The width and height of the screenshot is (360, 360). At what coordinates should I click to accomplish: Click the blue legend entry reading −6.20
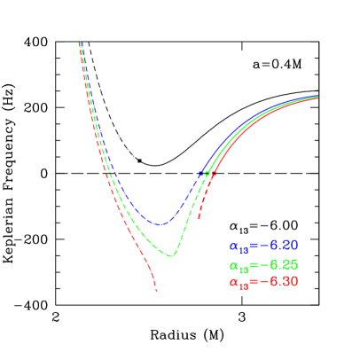(x=263, y=246)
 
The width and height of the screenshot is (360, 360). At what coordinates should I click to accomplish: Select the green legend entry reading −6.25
(x=263, y=264)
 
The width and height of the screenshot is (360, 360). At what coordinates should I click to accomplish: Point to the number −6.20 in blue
(x=277, y=245)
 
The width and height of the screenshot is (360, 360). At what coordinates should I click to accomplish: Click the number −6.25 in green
(x=277, y=263)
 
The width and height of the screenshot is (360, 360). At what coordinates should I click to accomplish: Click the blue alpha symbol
(x=233, y=246)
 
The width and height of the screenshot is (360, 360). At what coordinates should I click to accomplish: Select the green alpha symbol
(x=233, y=264)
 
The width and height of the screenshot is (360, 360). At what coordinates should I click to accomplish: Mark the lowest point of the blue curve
(x=160, y=224)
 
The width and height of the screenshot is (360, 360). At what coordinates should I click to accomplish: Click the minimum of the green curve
(x=172, y=255)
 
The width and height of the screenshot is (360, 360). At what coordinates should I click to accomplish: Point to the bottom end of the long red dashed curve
(x=157, y=290)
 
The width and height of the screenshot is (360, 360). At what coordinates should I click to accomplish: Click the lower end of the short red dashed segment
(x=199, y=218)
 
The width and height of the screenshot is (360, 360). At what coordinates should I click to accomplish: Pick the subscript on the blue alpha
(x=241, y=249)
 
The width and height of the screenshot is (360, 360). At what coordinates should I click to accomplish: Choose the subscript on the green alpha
(x=241, y=268)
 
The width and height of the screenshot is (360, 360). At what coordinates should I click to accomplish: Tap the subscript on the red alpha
(x=241, y=286)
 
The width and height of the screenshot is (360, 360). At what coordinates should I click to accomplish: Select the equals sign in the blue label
(x=251, y=246)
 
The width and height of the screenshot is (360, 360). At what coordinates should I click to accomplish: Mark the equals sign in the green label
(x=251, y=264)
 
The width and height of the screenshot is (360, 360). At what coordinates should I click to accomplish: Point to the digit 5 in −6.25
(x=293, y=263)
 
